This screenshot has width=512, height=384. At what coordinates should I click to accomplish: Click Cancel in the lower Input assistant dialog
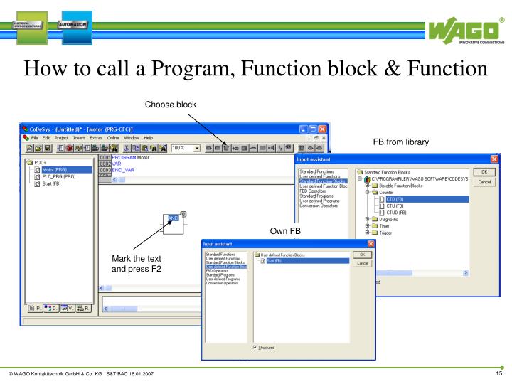click(x=362, y=262)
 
